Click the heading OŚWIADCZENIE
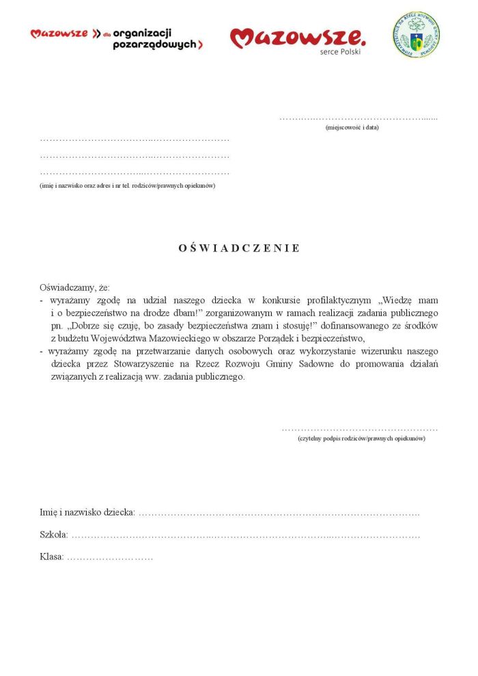click(239, 248)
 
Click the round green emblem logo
click(416, 35)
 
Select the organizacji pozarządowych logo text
click(157, 38)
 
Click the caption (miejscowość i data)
click(352, 128)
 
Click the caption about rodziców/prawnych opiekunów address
click(128, 186)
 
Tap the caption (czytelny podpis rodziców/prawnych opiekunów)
click(361, 438)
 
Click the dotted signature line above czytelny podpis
click(359, 429)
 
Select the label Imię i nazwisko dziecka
click(87, 512)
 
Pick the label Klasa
click(52, 557)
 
